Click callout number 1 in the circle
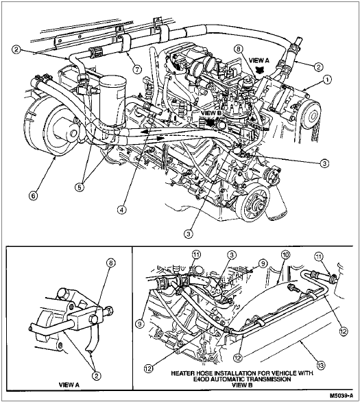[326, 80]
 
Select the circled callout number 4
[122, 209]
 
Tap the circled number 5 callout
[80, 187]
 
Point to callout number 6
[34, 196]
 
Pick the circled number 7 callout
[137, 69]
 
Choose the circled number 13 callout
[321, 364]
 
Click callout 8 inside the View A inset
[111, 263]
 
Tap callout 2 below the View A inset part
[96, 376]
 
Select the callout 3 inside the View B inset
[231, 255]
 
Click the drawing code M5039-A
[341, 395]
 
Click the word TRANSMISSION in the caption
[272, 379]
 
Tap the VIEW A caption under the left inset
[69, 385]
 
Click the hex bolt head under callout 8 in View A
[94, 319]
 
